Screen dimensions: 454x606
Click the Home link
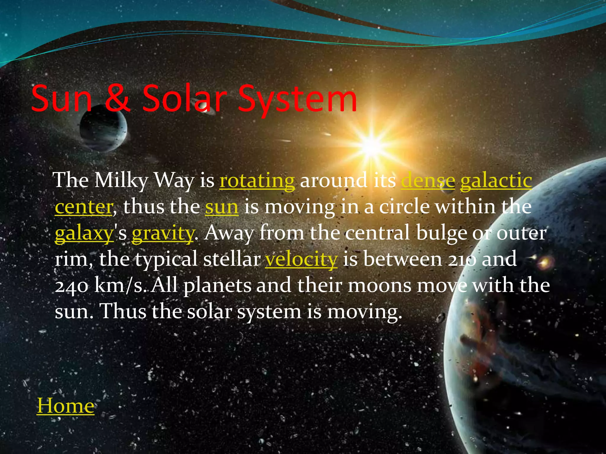65,406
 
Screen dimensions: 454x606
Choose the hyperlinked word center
84,207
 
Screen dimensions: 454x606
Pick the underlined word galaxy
84,234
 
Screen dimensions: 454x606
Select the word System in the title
297,99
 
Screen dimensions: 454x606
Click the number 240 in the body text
71,286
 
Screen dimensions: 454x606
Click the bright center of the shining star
371,145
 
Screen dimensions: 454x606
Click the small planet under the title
104,130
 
